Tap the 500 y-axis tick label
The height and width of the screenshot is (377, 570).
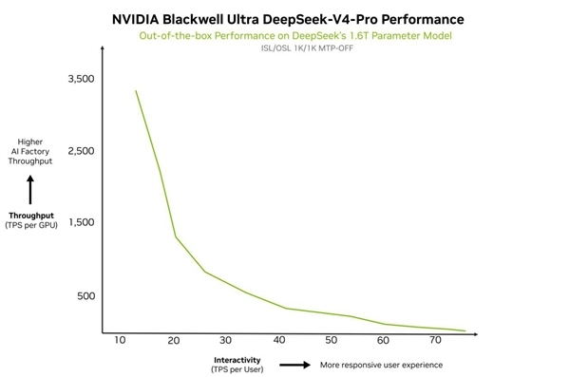coord(85,296)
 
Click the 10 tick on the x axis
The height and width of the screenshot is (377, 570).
coord(120,340)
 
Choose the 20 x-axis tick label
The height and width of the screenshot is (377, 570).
coord(173,340)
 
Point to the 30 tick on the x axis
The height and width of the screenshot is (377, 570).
coord(225,340)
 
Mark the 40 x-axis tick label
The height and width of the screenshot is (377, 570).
coord(278,340)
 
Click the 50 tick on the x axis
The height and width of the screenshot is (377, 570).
coord(331,340)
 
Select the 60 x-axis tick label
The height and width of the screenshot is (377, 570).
coord(384,340)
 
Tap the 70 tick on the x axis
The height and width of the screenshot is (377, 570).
coord(436,340)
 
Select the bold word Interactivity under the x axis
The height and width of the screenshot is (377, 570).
coord(237,359)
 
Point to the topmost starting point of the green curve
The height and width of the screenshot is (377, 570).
coord(136,91)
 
